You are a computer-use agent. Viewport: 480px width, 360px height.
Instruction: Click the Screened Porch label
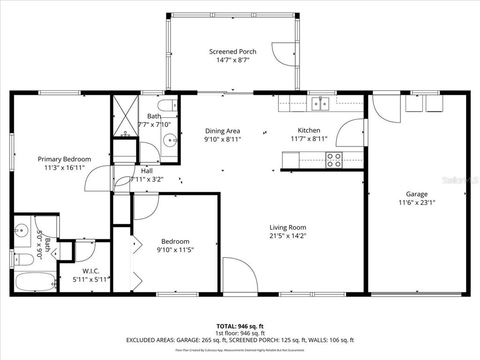click(x=232, y=52)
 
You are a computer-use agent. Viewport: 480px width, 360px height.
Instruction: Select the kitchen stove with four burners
click(x=334, y=160)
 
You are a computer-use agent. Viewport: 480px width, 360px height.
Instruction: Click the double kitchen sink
click(x=321, y=104)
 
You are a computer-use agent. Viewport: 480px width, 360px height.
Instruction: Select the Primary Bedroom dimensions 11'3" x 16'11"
click(x=64, y=167)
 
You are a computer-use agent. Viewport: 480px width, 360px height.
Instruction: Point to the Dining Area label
click(x=223, y=131)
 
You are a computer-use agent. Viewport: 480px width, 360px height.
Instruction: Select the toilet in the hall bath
click(x=167, y=105)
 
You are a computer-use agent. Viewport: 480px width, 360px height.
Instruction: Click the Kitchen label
click(x=309, y=130)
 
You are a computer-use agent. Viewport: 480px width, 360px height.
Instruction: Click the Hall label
click(x=146, y=171)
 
